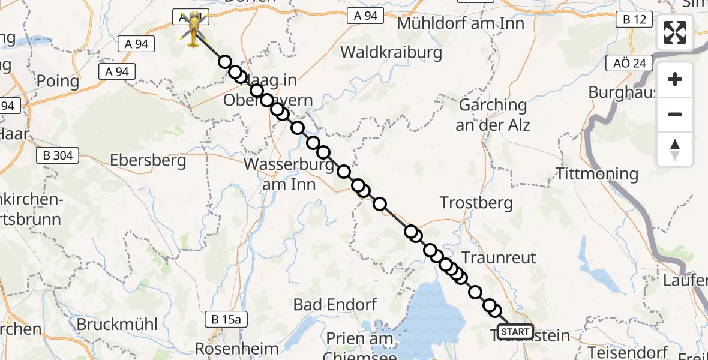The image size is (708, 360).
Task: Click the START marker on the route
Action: [515, 332]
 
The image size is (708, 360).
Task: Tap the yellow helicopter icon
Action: [193, 29]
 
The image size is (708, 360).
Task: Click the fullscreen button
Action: [675, 32]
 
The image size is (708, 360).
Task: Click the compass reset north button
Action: [675, 149]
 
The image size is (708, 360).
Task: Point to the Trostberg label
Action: [476, 203]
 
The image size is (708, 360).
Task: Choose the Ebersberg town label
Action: [148, 161]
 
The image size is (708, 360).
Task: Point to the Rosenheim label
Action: [238, 349]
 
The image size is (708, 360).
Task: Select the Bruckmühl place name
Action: [117, 325]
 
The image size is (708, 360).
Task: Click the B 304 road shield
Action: [58, 156]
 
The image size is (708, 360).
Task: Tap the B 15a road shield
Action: [226, 319]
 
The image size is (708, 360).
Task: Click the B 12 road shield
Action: [634, 20]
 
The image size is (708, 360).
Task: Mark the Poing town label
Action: [58, 81]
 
